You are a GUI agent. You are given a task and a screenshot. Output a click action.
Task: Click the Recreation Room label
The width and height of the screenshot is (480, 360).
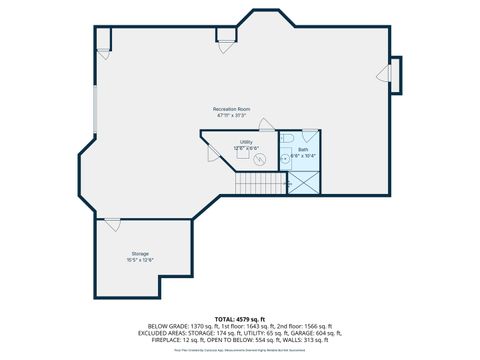[231, 108]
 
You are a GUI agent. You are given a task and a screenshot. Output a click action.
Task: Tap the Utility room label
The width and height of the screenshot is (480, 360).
[246, 142]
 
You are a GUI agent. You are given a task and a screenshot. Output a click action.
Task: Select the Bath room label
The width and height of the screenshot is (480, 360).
[303, 149]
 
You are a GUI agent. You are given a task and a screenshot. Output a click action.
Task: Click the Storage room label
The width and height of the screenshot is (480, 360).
[140, 254]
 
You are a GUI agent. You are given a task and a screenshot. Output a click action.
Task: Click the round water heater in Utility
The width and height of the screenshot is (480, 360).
[259, 158]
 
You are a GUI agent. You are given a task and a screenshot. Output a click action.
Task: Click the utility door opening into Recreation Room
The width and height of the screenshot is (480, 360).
[267, 125]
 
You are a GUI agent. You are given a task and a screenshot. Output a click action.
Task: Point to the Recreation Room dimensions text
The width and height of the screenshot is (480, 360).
[231, 115]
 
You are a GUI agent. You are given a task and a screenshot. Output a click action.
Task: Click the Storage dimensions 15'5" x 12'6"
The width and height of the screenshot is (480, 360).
[140, 260]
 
